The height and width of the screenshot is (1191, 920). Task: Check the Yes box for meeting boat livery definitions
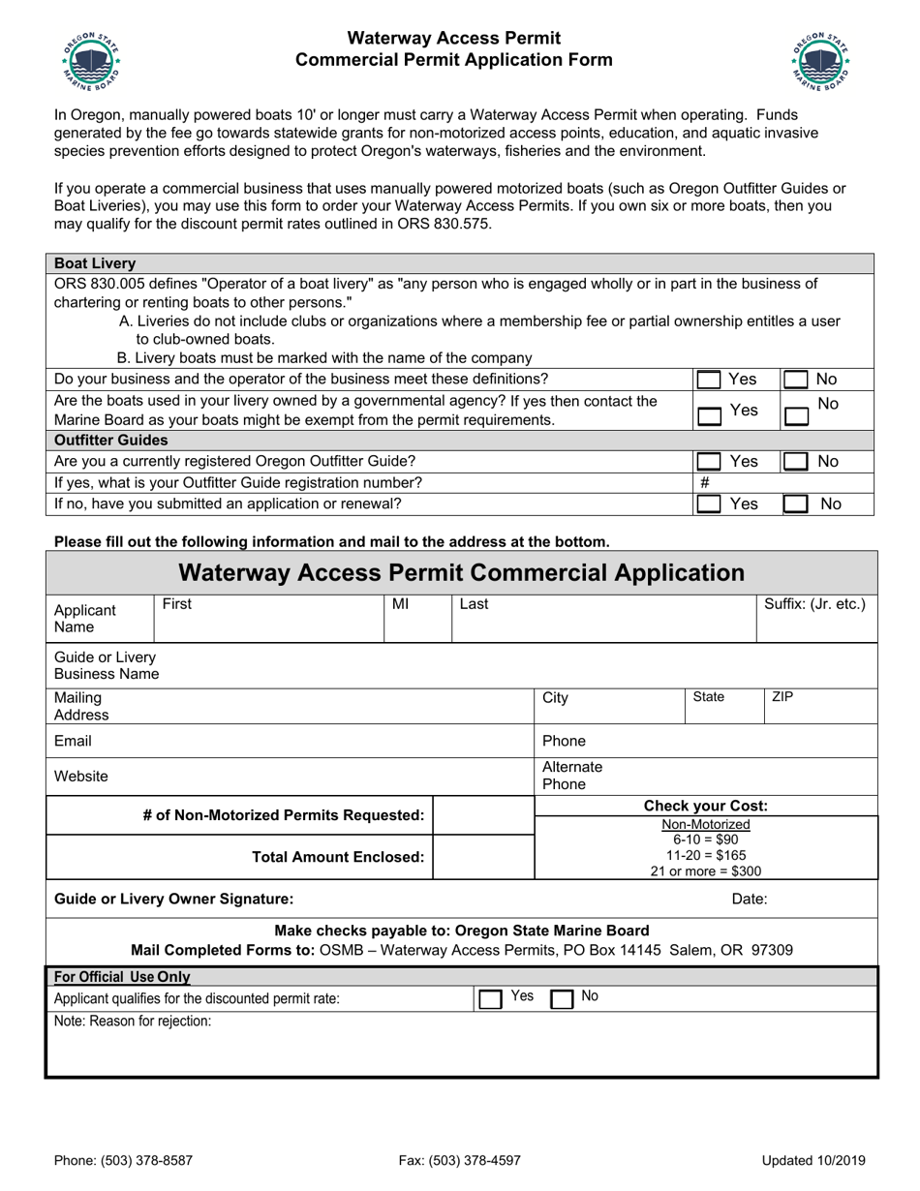tap(710, 381)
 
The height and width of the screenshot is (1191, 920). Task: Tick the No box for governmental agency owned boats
tap(796, 416)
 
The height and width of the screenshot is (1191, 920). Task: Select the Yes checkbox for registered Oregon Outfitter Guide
tap(710, 463)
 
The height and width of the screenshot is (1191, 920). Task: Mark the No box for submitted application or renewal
tap(796, 504)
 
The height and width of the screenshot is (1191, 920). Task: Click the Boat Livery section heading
tap(95, 263)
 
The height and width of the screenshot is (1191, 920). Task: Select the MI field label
tap(401, 604)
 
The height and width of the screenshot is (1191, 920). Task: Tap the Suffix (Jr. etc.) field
tap(815, 625)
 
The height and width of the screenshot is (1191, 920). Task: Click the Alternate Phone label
tap(572, 776)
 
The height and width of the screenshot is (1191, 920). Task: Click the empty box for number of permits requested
tap(483, 815)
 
